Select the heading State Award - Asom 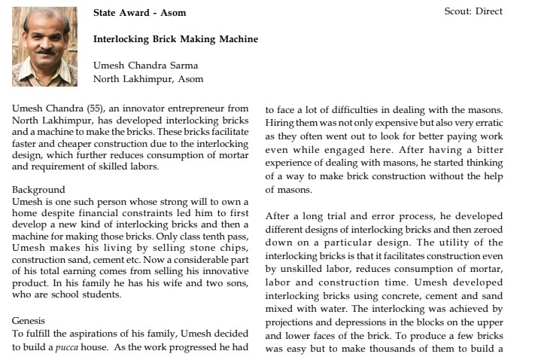tap(139, 13)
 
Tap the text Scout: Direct tap(474, 11)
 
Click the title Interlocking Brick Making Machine tap(175, 39)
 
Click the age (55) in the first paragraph tap(92, 109)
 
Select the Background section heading tap(38, 190)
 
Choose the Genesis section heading tap(29, 321)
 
